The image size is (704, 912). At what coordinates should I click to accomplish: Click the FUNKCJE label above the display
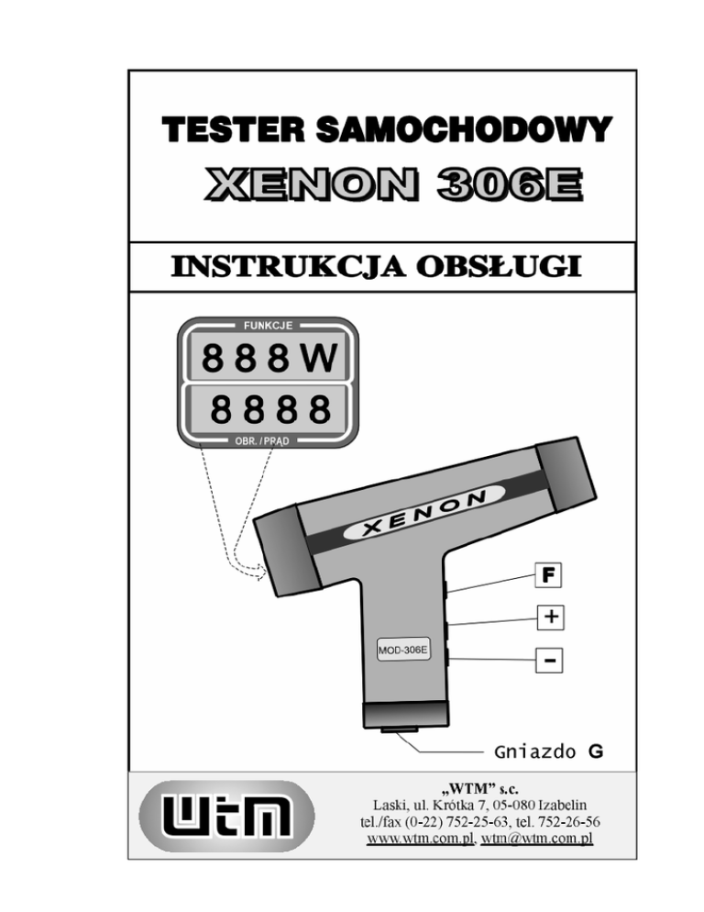(267, 326)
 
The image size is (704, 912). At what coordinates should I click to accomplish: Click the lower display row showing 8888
(267, 409)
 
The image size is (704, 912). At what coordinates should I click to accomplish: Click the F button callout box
(548, 577)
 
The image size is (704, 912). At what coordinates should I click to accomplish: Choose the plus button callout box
(548, 617)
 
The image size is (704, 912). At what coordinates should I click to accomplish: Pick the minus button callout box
(548, 660)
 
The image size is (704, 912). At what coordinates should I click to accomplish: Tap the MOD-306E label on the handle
(403, 651)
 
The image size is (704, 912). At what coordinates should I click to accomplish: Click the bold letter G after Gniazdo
(595, 753)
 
